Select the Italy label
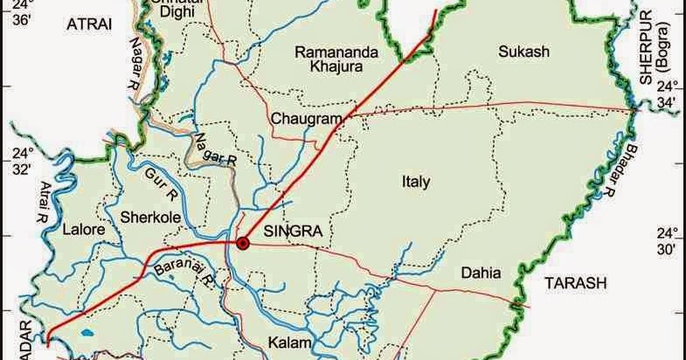[x=416, y=183]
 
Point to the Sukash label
[x=523, y=52]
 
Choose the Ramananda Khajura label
[x=336, y=59]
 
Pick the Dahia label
[x=482, y=273]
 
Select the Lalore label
[x=84, y=230]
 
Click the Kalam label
[x=289, y=343]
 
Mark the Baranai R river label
[x=184, y=273]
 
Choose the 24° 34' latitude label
[x=668, y=95]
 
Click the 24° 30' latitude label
[x=668, y=241]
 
